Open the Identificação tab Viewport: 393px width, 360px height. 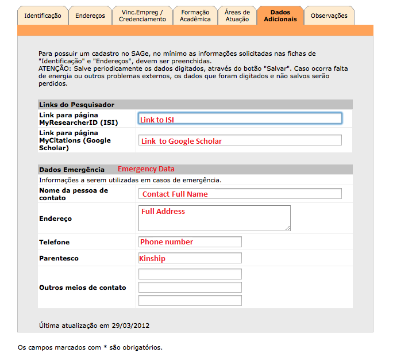point(43,16)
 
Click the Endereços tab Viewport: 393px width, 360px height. point(90,16)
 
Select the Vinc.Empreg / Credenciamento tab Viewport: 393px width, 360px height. point(142,16)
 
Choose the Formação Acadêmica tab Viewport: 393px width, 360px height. point(195,16)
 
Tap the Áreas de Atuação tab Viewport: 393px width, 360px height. point(237,16)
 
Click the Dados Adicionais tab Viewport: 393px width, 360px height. point(280,16)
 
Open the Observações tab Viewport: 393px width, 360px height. point(329,16)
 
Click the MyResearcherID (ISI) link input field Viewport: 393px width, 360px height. point(240,118)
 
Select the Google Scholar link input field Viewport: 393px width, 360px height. point(240,140)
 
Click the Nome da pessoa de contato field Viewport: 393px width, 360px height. point(240,193)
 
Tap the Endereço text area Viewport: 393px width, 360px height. point(214,218)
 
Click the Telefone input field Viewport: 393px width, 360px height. point(190,242)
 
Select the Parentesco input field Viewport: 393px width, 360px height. point(190,258)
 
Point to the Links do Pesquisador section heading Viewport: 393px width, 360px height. point(76,105)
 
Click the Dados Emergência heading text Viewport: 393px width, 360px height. point(72,170)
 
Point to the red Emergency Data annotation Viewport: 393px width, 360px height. point(146,169)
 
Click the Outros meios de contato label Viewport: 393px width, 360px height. point(82,287)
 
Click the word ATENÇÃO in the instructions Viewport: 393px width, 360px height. point(55,68)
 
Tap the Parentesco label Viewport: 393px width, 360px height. point(59,258)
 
